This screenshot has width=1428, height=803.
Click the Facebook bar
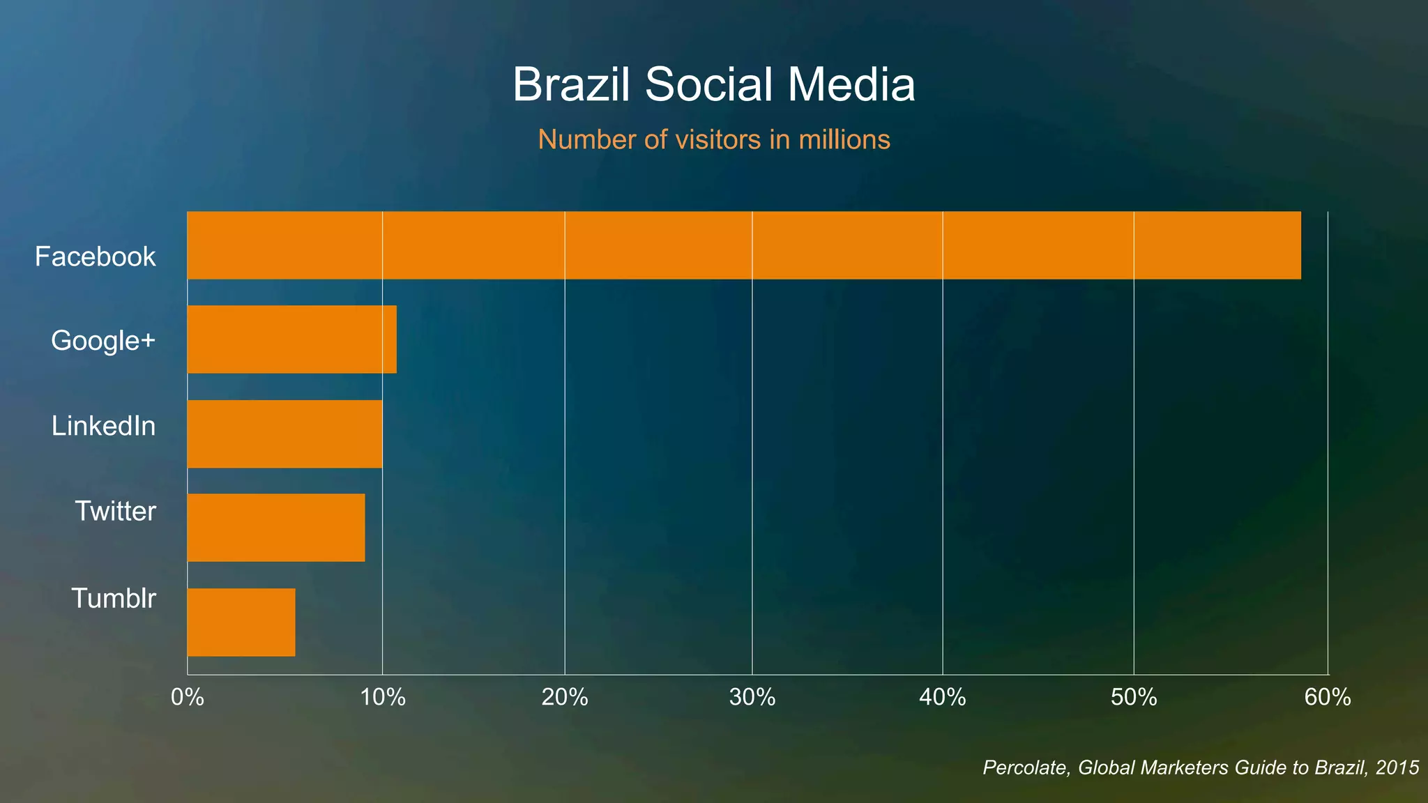[x=743, y=245]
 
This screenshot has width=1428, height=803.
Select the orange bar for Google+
[x=291, y=339]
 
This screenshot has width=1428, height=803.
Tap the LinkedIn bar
[x=284, y=434]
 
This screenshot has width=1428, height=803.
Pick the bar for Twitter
[x=275, y=528]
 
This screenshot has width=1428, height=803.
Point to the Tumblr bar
[x=241, y=622]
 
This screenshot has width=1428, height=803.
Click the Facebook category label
[x=96, y=257]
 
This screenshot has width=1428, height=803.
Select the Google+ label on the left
[x=103, y=342]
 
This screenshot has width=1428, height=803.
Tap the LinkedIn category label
[x=103, y=427]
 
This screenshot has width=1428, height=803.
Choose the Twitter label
[x=115, y=512]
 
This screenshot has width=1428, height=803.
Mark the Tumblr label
[x=114, y=599]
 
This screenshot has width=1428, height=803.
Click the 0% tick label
[x=187, y=698]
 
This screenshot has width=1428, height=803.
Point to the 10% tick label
[x=382, y=698]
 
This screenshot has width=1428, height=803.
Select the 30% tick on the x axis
[x=752, y=698]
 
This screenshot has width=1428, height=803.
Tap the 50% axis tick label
[x=1134, y=698]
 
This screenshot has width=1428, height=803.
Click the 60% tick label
[x=1328, y=698]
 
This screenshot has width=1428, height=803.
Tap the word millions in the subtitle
[x=844, y=140]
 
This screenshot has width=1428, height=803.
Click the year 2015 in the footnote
[x=1397, y=768]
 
